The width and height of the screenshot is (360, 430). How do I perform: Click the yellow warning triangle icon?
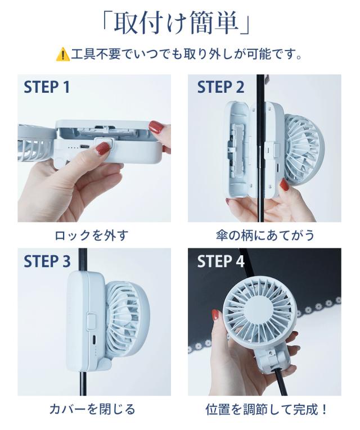[62, 54]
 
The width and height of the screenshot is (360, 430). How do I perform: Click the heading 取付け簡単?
[175, 24]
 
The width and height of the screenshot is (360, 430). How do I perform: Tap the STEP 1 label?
[47, 87]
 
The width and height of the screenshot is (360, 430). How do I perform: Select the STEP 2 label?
[220, 87]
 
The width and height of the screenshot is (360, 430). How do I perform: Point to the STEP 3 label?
[47, 261]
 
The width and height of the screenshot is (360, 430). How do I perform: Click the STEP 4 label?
[220, 261]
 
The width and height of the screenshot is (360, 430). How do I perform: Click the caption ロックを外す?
[92, 236]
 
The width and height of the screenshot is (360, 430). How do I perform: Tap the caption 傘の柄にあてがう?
[265, 236]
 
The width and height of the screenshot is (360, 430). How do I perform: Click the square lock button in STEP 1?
[103, 144]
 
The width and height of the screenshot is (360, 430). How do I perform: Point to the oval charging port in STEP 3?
[94, 340]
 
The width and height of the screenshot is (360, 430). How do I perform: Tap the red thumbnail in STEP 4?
[215, 315]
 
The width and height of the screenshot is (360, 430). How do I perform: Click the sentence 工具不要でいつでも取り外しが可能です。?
[186, 54]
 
